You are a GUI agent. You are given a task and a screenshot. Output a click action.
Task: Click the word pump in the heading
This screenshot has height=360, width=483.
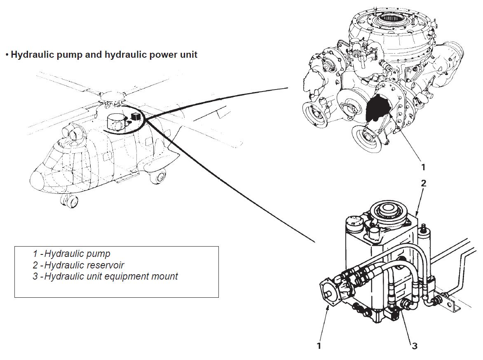(63, 54)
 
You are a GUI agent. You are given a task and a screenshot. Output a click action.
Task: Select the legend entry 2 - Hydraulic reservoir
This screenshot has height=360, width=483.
(78, 265)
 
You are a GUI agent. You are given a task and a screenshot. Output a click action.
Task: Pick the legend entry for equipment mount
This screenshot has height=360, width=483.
(106, 276)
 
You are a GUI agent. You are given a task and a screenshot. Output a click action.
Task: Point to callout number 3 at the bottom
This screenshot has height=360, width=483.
(415, 346)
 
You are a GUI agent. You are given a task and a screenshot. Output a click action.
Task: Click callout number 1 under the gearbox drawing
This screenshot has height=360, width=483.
(422, 167)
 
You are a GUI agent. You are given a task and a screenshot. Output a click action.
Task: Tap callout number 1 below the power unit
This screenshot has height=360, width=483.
(319, 346)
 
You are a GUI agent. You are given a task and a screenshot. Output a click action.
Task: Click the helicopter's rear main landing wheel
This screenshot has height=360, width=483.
(157, 178)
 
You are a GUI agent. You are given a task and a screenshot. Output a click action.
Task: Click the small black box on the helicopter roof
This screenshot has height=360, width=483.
(134, 116)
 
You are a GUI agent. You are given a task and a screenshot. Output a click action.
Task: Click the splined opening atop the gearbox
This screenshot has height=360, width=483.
(390, 17)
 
